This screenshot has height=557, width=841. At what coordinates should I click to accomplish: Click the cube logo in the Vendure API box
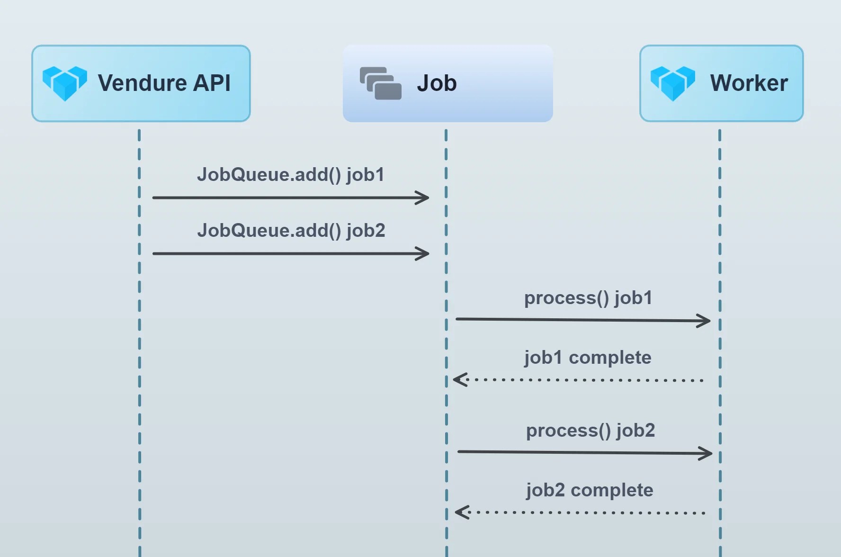[x=65, y=83]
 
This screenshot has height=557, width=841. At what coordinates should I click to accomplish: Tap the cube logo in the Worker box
[x=672, y=83]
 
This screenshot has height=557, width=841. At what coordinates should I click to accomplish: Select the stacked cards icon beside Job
[x=381, y=83]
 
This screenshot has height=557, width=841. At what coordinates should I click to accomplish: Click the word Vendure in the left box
[x=142, y=83]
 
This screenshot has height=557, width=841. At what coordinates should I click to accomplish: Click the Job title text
[x=437, y=83]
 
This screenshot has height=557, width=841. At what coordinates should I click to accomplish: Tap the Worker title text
[x=749, y=83]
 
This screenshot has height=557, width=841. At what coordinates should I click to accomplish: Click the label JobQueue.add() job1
[x=290, y=175]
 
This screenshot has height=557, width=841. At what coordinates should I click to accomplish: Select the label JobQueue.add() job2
[x=291, y=231]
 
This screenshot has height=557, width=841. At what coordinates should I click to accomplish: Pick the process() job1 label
[x=588, y=298]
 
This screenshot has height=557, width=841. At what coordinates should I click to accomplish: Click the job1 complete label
[x=588, y=358]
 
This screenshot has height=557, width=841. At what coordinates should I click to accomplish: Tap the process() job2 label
[x=590, y=431]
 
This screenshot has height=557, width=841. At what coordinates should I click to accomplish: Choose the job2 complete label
[x=590, y=490]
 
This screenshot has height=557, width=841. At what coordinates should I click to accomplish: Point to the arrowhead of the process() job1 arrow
[x=705, y=321]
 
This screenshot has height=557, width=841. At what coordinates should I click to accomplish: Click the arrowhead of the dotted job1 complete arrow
[x=459, y=380]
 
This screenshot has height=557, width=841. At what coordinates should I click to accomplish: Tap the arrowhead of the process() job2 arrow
[x=707, y=454]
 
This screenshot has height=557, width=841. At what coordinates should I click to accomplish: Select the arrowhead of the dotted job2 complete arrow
[x=461, y=512]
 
